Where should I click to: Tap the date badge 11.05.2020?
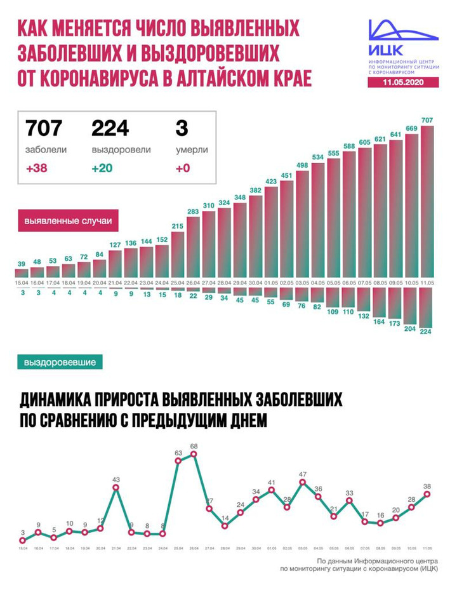(x=399, y=83)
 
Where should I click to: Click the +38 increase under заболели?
(x=37, y=170)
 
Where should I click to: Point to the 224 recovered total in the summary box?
(x=110, y=128)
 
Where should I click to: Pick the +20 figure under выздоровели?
(x=103, y=170)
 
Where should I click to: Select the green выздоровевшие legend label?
(x=60, y=363)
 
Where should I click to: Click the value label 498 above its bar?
(x=302, y=166)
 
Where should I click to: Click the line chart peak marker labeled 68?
(x=194, y=454)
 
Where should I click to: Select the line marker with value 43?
(x=116, y=488)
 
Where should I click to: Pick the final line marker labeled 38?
(x=427, y=493)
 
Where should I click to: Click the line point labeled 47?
(x=303, y=482)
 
